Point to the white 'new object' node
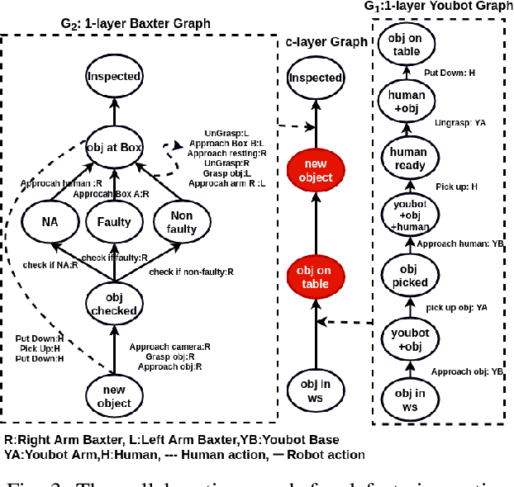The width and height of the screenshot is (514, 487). (x=114, y=397)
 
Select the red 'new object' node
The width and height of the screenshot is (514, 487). (x=315, y=171)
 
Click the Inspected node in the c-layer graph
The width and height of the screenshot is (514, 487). (x=315, y=78)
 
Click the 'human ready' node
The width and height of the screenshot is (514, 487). (x=408, y=158)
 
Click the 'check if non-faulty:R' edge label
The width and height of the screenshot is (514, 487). (x=192, y=271)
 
